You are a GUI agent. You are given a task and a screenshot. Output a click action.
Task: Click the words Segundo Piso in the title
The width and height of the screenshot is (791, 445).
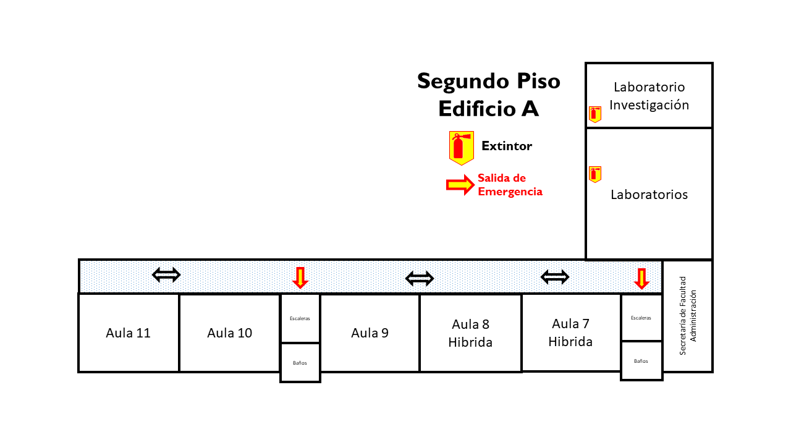[x=488, y=81]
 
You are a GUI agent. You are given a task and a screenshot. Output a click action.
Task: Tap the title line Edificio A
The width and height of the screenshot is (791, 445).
[x=488, y=109]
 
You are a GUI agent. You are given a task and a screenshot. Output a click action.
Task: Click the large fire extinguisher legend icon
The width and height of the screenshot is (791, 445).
[x=461, y=148]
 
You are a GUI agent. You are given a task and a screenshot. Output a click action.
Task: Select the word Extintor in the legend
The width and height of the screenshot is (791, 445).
[x=507, y=146]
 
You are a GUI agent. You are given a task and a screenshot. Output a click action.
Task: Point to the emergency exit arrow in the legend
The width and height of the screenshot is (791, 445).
[x=460, y=184]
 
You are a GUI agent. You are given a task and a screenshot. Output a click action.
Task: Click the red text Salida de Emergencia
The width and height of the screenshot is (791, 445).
[x=510, y=185]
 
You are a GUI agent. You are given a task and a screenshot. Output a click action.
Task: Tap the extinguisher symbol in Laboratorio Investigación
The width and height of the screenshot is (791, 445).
[x=595, y=114]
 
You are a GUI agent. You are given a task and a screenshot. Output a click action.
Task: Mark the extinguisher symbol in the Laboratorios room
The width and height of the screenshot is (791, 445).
[x=595, y=174]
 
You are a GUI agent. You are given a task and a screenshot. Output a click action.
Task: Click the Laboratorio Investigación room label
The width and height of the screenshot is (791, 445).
[x=649, y=96]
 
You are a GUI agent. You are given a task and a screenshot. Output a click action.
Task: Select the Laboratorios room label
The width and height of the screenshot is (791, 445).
[x=649, y=195]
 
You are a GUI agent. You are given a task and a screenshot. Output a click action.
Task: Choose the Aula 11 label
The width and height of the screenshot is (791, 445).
[x=128, y=333]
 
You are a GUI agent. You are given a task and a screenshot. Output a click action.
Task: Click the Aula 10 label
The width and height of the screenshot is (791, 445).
[x=229, y=333]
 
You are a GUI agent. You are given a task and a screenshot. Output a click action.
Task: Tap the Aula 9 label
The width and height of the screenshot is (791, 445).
[x=370, y=333]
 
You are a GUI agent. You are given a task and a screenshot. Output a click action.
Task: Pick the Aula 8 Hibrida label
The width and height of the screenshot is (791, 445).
[x=470, y=333]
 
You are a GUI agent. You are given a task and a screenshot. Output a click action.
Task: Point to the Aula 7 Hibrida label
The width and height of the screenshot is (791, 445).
[x=570, y=333]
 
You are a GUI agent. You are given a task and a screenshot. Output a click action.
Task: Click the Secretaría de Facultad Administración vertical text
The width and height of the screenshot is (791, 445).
[x=687, y=315]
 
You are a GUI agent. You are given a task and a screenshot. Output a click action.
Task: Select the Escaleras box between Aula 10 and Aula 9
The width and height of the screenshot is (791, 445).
[x=300, y=318]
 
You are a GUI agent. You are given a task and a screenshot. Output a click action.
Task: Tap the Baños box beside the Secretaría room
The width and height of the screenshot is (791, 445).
[x=641, y=360]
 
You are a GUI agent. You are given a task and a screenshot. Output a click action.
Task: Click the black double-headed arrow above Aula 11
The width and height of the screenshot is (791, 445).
[x=166, y=274]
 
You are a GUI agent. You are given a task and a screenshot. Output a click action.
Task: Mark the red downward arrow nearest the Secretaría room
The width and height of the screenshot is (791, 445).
[x=641, y=279]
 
